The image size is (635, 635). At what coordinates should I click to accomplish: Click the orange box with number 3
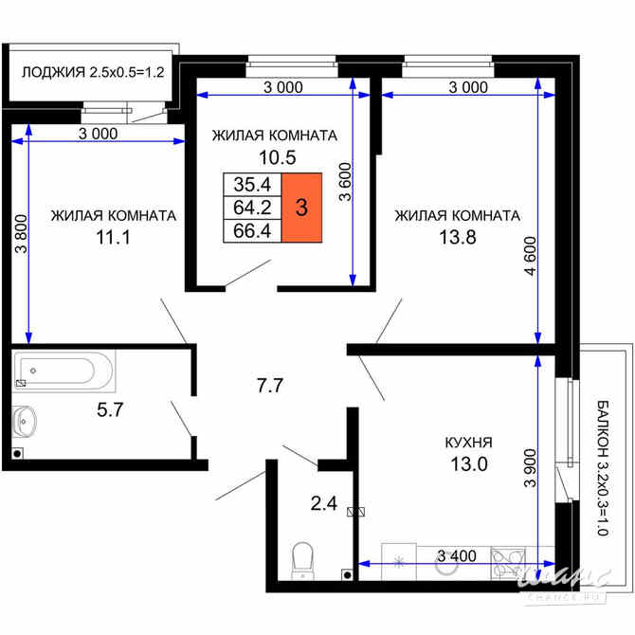(x=301, y=208)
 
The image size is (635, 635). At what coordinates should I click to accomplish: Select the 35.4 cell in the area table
(x=252, y=185)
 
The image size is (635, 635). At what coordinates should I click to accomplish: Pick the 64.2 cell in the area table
(x=252, y=208)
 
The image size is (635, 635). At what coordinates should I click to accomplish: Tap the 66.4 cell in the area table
(x=252, y=230)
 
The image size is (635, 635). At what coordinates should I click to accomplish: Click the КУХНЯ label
(x=468, y=443)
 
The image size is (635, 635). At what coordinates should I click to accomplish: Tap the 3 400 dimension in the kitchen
(x=457, y=555)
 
